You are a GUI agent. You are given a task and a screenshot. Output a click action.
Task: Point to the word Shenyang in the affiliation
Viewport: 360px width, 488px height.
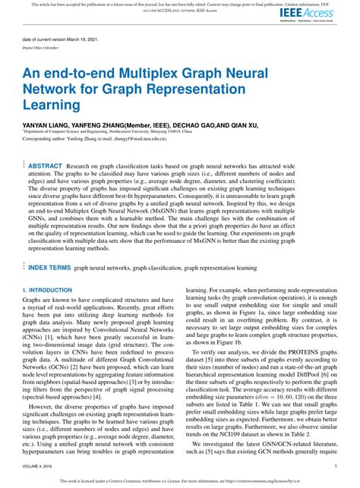tap(209, 130)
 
